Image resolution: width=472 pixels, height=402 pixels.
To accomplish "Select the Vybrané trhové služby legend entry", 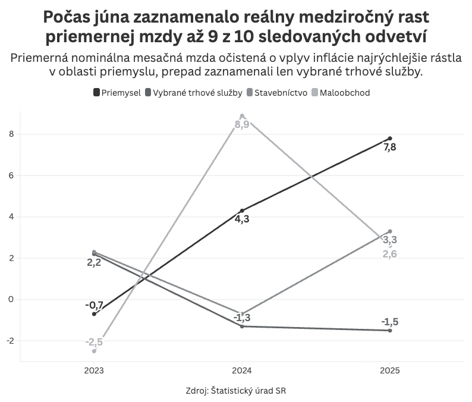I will point(193,92).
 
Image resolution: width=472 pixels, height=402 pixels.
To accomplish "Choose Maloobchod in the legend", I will point(344,92).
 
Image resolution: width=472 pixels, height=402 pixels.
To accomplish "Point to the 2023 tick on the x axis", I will point(94,370).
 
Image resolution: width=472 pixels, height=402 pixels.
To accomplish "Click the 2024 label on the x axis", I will point(242,370).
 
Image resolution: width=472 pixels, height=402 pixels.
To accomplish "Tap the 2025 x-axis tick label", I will point(390,370).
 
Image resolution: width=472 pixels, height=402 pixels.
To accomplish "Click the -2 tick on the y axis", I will point(9,341).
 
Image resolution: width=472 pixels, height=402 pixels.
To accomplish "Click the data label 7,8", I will point(390,147).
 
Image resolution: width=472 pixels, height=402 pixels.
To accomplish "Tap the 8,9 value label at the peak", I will point(242,125).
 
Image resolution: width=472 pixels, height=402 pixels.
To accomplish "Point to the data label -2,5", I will point(94,342).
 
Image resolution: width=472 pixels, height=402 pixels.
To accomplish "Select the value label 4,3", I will point(242,220).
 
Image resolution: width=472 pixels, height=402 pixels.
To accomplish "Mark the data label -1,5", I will point(390,322).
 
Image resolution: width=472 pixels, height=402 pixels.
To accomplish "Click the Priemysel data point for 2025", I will point(390,138).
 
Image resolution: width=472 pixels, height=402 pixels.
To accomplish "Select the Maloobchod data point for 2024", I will point(242,116).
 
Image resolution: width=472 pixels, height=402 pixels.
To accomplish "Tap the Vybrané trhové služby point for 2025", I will point(390,330).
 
